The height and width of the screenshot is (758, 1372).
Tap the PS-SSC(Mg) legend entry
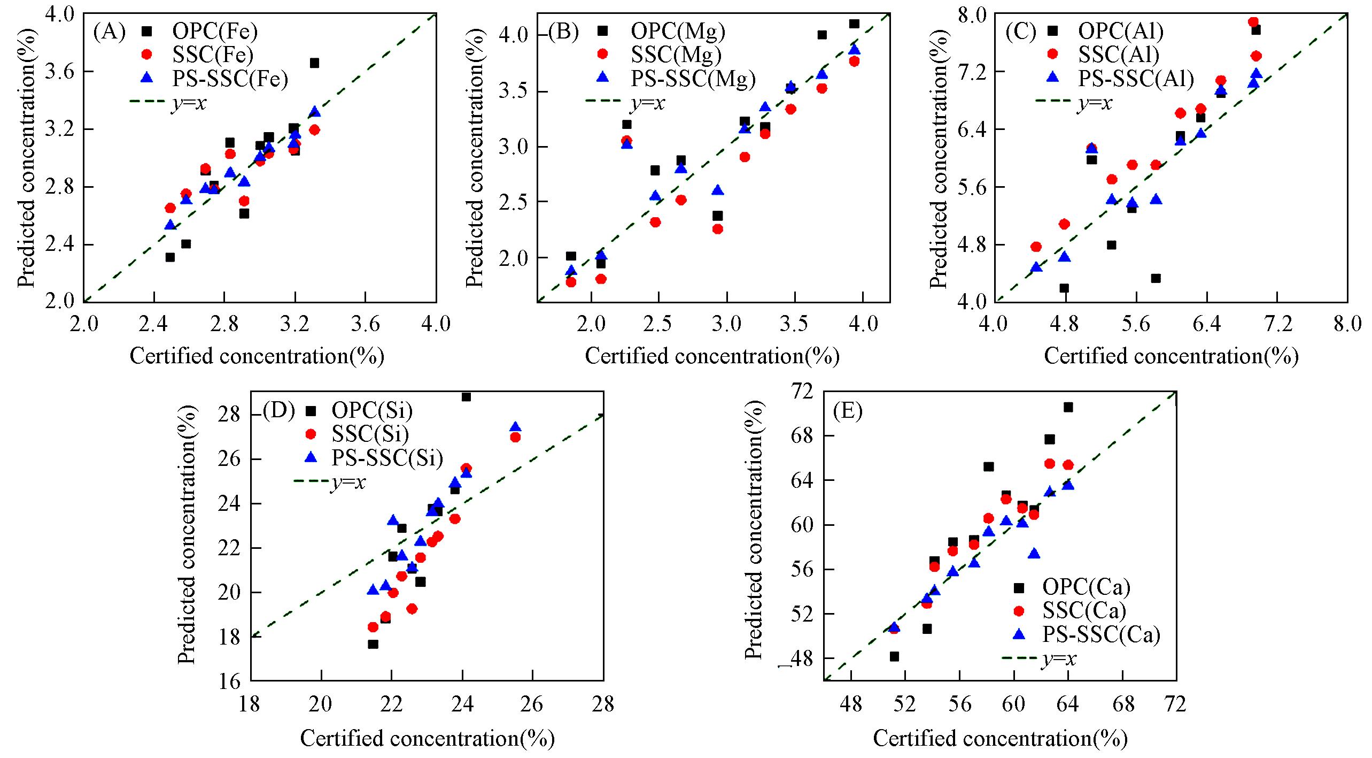click(693, 78)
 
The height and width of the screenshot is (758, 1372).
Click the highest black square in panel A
click(314, 63)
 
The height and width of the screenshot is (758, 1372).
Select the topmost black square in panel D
click(466, 397)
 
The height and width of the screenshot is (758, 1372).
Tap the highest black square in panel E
click(1068, 408)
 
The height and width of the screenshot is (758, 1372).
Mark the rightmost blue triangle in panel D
click(515, 427)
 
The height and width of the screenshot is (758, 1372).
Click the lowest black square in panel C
click(1064, 288)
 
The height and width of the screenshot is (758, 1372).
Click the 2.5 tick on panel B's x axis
click(657, 324)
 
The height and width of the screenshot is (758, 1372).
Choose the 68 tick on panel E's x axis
click(1122, 704)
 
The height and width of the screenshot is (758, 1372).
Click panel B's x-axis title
click(712, 356)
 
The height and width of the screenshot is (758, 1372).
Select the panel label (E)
click(848, 412)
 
